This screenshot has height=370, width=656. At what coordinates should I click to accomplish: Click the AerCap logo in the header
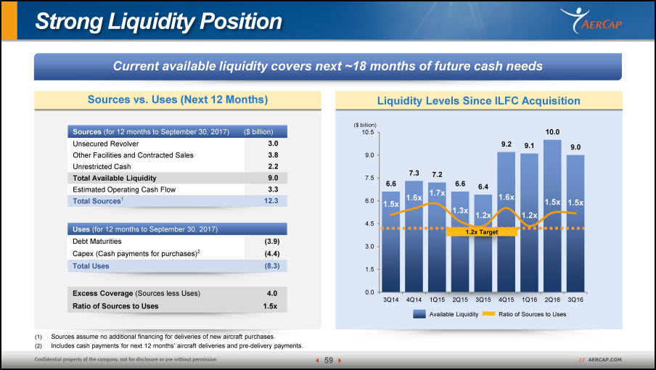[x=591, y=20]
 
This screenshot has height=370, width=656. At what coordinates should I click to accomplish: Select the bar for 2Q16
[x=552, y=215]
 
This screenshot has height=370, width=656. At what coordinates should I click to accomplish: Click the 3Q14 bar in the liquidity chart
[x=390, y=242]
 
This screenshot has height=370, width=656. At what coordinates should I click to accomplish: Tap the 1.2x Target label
[x=482, y=232]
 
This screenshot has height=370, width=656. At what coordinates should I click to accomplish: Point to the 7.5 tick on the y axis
[x=369, y=178]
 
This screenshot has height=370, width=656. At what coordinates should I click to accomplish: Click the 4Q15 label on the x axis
[x=507, y=300]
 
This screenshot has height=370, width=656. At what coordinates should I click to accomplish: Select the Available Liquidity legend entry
[x=446, y=314]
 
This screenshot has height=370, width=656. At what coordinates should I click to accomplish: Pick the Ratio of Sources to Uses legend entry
[x=524, y=314]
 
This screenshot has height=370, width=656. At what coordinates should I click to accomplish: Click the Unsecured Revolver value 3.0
[x=273, y=144]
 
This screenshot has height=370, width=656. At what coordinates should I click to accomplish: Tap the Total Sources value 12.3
[x=271, y=201]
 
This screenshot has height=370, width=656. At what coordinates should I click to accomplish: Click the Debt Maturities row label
[x=97, y=242]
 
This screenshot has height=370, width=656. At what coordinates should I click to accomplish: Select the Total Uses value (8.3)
[x=272, y=266]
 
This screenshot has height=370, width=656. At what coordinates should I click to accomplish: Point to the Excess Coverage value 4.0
[x=272, y=294]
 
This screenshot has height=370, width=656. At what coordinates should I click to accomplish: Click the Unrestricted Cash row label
[x=102, y=166]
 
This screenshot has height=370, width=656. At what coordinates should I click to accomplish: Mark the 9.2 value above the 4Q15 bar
[x=507, y=144]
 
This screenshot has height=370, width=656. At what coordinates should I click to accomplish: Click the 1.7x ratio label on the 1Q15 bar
[x=437, y=193]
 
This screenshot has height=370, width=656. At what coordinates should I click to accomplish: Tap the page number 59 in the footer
[x=329, y=360]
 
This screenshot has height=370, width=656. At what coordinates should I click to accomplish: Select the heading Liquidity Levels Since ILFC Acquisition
[x=479, y=101]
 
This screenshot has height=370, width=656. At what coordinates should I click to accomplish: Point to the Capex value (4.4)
[x=272, y=254]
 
